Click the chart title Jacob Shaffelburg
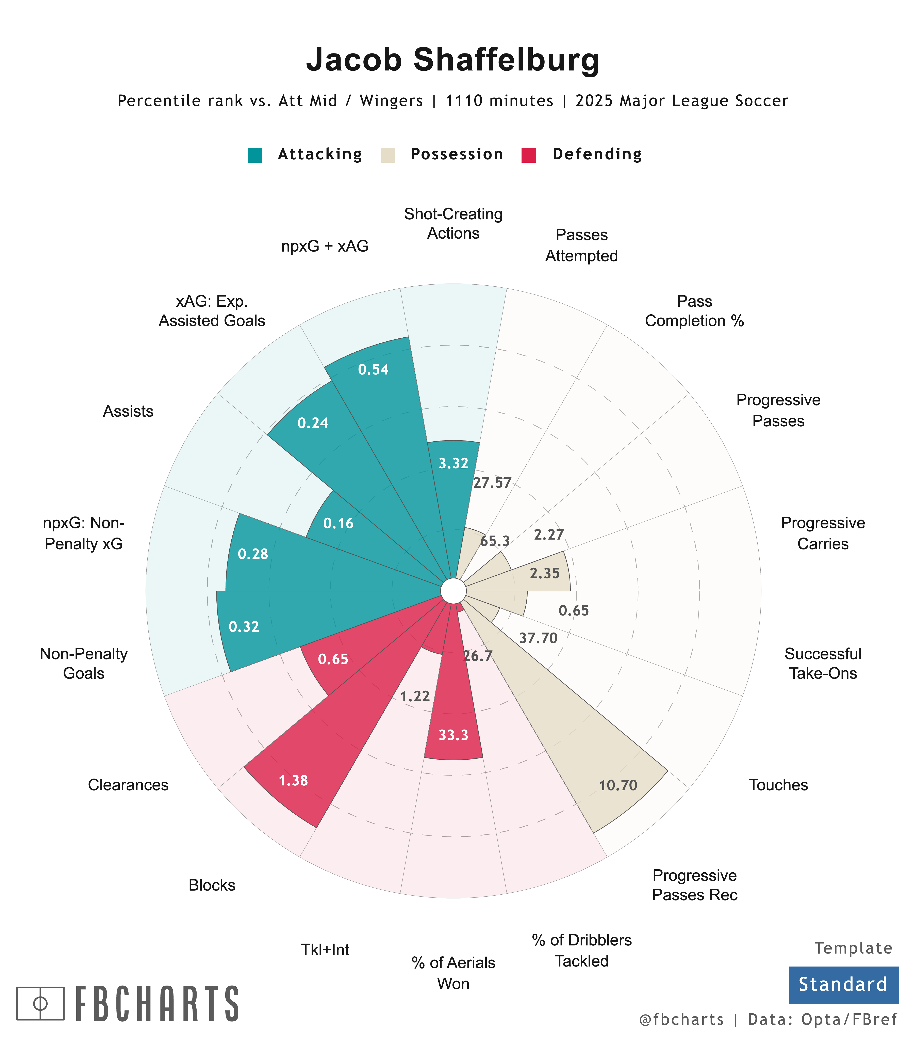453,60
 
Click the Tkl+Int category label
325,950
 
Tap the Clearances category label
128,785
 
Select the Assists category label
128,411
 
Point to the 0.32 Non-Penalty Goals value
244,627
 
